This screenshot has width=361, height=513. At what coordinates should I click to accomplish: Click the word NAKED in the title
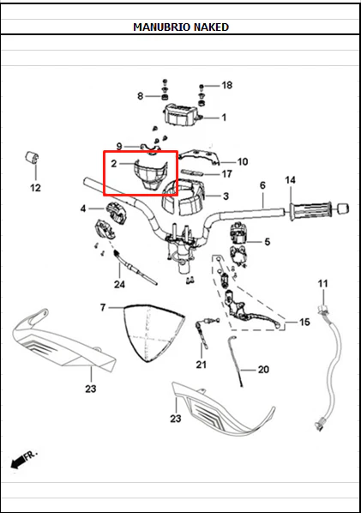pyautogui.click(x=211, y=27)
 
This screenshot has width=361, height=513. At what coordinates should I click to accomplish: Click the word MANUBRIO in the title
pyautogui.click(x=162, y=27)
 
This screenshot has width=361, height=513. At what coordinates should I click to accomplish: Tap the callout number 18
pyautogui.click(x=227, y=85)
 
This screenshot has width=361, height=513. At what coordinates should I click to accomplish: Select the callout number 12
pyautogui.click(x=35, y=188)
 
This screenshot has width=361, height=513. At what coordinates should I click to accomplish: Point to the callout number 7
pyautogui.click(x=103, y=307)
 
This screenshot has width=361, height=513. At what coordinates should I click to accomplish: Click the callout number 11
pyautogui.click(x=322, y=283)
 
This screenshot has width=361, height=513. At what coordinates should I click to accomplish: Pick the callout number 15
pyautogui.click(x=304, y=322)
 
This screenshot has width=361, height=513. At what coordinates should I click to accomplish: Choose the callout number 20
pyautogui.click(x=263, y=370)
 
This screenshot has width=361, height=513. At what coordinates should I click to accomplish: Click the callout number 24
pyautogui.click(x=119, y=284)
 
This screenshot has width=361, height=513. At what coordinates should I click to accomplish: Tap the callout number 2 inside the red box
pyautogui.click(x=114, y=163)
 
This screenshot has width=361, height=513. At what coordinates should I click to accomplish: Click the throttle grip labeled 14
pyautogui.click(x=310, y=211)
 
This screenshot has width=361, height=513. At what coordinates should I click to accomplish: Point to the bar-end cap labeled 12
pyautogui.click(x=32, y=157)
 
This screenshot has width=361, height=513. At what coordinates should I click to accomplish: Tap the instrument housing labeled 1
pyautogui.click(x=182, y=114)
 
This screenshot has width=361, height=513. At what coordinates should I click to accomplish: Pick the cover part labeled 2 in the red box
pyautogui.click(x=150, y=175)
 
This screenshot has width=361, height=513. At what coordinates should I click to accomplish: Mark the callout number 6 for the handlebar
pyautogui.click(x=262, y=185)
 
